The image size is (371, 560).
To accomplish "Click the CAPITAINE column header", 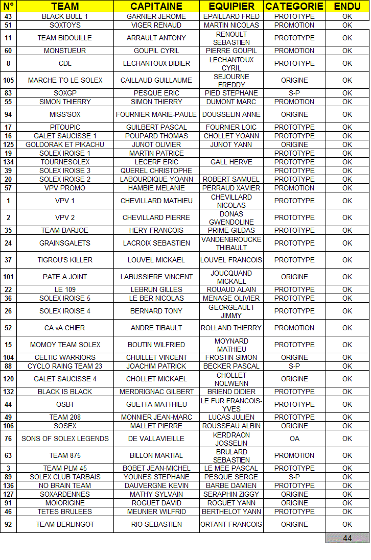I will click(x=156, y=6).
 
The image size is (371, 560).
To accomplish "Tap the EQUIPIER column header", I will click(x=231, y=6).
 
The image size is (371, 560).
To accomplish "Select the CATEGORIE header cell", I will click(x=294, y=6).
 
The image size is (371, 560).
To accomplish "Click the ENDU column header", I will click(x=347, y=6).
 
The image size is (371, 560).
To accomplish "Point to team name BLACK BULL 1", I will click(x=65, y=16).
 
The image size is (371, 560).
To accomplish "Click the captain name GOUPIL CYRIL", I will click(x=156, y=51).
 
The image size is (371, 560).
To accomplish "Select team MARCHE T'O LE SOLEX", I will click(x=65, y=80).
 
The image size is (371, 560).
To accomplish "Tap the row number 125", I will click(x=8, y=144).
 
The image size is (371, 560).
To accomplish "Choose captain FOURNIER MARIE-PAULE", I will click(x=156, y=114).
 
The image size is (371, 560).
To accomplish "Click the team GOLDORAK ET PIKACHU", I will click(x=65, y=144).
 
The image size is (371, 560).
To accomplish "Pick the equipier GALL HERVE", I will click(x=231, y=162).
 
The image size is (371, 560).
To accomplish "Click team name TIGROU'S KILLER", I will click(x=65, y=260).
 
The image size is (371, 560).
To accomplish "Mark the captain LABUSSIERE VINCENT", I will click(x=156, y=277).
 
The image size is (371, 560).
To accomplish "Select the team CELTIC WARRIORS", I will click(x=65, y=357).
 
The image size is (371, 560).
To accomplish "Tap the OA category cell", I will click(x=294, y=439).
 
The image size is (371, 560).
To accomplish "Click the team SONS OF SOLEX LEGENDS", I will click(x=65, y=439).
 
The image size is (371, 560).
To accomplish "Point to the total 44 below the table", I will click(x=347, y=538).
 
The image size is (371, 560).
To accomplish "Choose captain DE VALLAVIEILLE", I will click(x=156, y=439).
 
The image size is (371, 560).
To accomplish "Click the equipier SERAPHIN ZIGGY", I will click(x=231, y=494).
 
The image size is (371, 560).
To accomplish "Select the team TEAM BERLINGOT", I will click(x=65, y=524).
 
